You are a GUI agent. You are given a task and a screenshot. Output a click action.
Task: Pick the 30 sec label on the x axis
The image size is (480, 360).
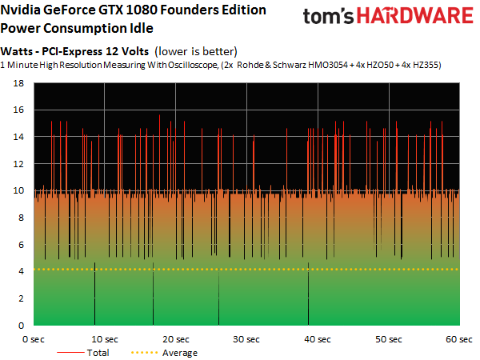(x=248, y=339)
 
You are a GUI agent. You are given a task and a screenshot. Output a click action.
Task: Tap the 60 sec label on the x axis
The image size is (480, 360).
(x=459, y=339)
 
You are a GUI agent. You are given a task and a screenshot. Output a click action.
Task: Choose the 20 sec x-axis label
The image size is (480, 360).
(x=178, y=339)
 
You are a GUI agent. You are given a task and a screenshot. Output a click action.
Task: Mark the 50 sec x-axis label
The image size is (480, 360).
(x=389, y=339)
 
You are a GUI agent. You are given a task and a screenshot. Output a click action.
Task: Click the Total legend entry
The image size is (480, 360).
(x=96, y=352)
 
